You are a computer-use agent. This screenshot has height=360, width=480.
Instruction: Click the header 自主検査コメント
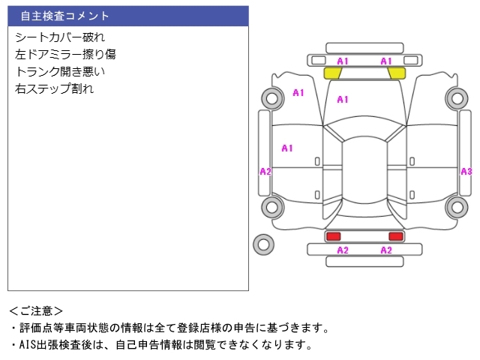(x=64, y=16)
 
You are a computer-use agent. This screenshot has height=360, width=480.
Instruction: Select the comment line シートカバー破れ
(x=60, y=37)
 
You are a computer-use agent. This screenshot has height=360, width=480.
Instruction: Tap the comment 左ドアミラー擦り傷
(x=65, y=54)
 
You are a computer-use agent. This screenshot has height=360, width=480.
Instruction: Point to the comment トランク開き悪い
(x=60, y=71)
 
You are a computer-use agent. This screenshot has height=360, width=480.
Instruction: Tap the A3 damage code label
(x=466, y=172)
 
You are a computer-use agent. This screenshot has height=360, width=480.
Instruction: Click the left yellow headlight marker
(x=332, y=73)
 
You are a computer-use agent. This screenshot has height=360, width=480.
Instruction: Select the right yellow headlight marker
(x=397, y=73)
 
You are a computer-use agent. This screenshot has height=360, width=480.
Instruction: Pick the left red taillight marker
(x=333, y=236)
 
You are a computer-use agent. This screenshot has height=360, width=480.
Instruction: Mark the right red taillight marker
(x=396, y=236)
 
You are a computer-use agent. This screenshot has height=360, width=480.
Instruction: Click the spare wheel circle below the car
(x=263, y=244)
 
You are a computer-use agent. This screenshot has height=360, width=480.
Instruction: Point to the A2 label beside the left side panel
(x=265, y=172)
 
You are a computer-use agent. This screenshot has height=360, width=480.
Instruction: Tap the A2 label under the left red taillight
(x=343, y=250)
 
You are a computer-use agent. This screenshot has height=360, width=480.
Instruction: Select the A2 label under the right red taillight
(x=386, y=250)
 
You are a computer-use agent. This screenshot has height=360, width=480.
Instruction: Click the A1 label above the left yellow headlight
(x=343, y=61)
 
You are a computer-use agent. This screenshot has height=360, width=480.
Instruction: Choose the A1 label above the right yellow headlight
(x=386, y=61)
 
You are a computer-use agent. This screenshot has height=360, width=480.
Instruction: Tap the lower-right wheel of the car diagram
(x=456, y=207)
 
